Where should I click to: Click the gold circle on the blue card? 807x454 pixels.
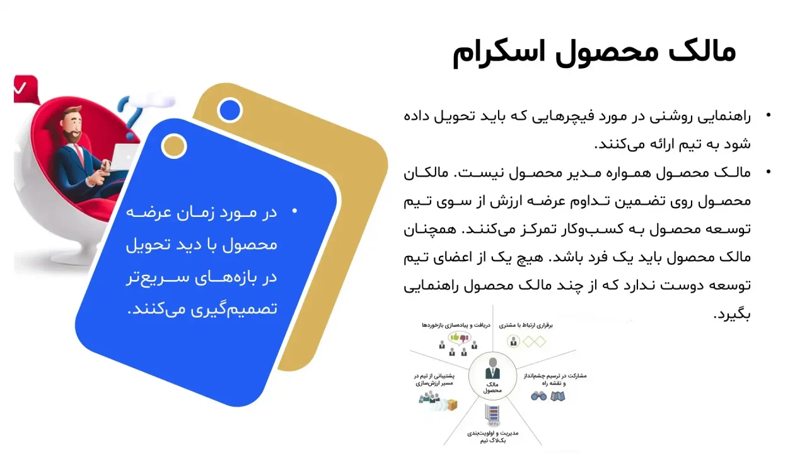click(173, 146)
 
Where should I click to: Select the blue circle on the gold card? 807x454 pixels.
click(229, 111)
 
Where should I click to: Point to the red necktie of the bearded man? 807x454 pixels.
click(81, 154)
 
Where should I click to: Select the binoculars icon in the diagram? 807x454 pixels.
click(538, 397)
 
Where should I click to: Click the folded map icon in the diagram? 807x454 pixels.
click(557, 397)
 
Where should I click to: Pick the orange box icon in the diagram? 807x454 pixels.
click(451, 404)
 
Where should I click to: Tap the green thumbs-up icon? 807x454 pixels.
click(453, 337)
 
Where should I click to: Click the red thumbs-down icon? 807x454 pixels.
click(465, 338)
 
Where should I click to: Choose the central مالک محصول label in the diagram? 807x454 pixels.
click(492, 387)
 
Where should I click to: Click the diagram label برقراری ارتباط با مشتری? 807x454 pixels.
click(526, 325)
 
